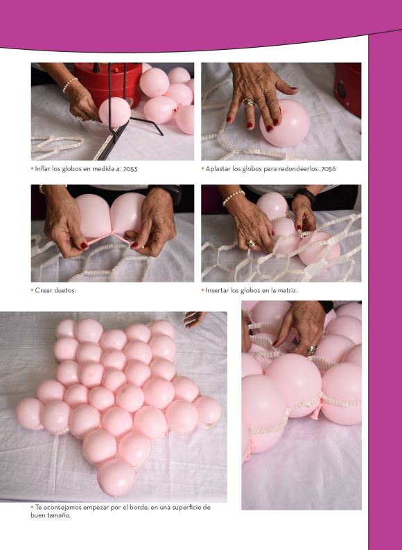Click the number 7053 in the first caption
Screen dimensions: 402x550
tap(130, 169)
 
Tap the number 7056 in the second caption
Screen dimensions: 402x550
tap(329, 169)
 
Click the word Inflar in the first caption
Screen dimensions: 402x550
tap(42, 169)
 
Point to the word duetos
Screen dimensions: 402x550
tap(65, 290)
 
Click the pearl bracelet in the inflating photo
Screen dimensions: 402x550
tap(69, 85)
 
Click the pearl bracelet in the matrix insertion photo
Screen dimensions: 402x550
tap(233, 197)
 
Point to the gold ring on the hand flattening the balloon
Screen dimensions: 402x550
tap(249, 103)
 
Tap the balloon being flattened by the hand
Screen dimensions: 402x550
tap(286, 123)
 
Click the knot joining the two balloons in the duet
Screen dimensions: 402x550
tap(112, 233)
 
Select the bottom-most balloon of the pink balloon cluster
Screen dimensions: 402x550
tap(116, 477)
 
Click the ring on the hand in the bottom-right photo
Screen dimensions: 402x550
tap(311, 349)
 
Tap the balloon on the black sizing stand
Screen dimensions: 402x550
tap(114, 112)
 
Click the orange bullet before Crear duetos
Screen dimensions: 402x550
tap(33, 290)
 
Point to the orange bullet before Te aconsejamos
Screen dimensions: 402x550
tap(33, 507)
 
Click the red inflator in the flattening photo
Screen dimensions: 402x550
tap(348, 90)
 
